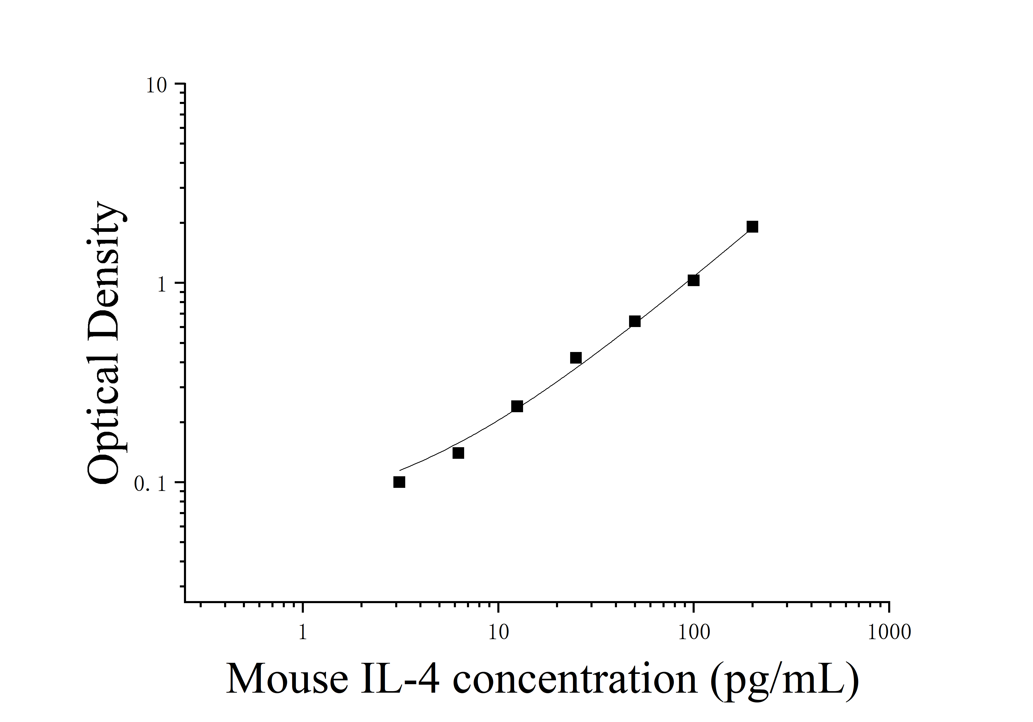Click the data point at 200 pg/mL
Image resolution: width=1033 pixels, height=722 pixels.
[x=752, y=227]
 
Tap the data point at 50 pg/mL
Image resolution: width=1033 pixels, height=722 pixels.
[x=635, y=321]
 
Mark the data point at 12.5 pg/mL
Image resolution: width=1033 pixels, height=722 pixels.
[x=517, y=407]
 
